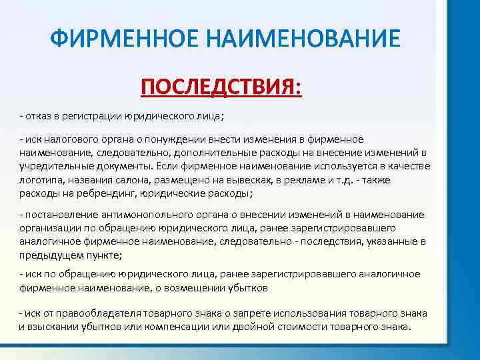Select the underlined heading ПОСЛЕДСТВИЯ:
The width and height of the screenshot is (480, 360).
(x=221, y=87)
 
